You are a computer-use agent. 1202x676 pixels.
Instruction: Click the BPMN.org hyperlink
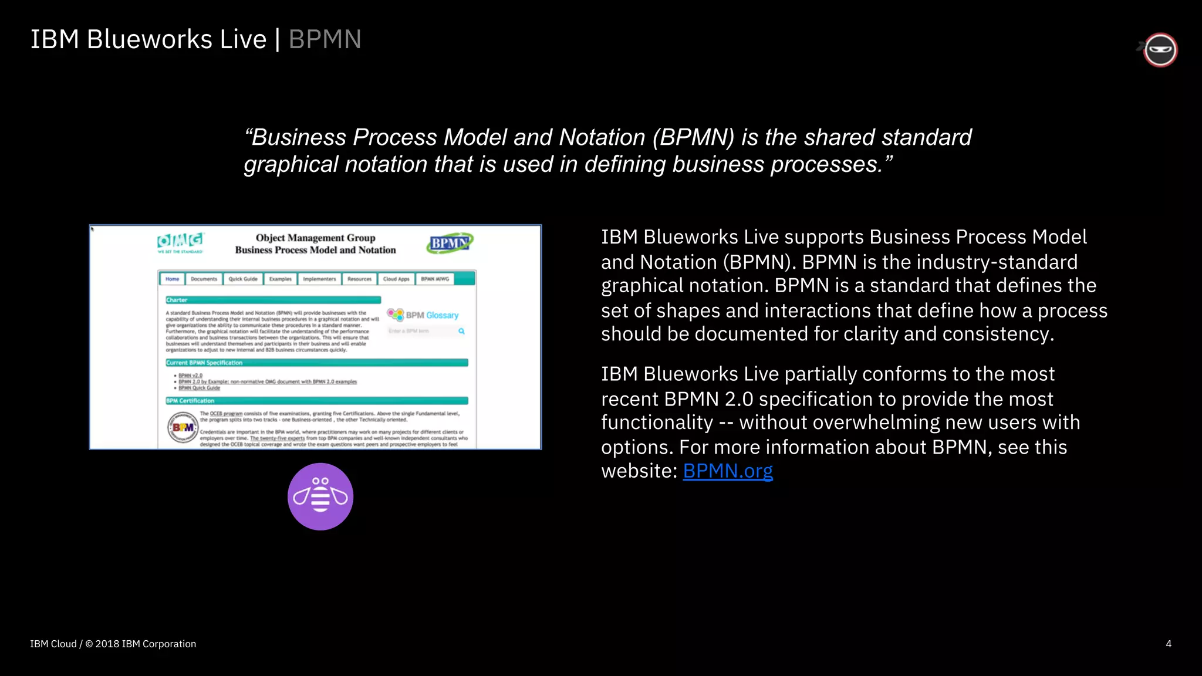(x=727, y=471)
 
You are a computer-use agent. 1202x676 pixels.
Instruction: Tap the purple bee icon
(x=320, y=496)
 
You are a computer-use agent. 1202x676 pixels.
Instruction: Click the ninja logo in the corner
(x=1160, y=50)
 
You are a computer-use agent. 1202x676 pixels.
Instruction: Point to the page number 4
(x=1168, y=644)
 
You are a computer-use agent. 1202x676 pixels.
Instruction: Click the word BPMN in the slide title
(x=325, y=39)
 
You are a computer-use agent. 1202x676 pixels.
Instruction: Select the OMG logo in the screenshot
(x=180, y=242)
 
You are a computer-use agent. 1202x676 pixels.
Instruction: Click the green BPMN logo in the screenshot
(x=450, y=243)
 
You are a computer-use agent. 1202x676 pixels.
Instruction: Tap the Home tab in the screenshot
(x=172, y=279)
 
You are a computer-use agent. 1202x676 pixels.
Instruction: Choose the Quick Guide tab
(x=243, y=279)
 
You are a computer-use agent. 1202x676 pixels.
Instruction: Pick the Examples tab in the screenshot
(x=281, y=279)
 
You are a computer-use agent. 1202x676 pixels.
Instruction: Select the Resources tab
(x=359, y=279)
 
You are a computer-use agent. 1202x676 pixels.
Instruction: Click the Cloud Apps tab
(x=396, y=279)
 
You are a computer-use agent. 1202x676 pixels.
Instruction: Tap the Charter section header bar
(x=273, y=300)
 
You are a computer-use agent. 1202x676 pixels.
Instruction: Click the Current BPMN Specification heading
(x=204, y=363)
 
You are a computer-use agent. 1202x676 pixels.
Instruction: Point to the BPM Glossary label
(x=432, y=315)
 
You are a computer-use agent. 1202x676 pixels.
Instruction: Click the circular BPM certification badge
(x=183, y=427)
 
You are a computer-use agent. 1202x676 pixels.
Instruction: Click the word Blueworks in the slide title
(x=149, y=39)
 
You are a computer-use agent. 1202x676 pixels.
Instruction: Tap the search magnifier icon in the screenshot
(x=461, y=331)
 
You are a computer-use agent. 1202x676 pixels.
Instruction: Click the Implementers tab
(x=319, y=279)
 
